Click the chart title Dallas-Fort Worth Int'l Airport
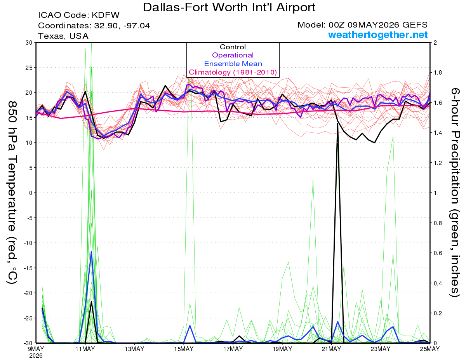pyautogui.click(x=229, y=7)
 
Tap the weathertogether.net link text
pyautogui.click(x=378, y=35)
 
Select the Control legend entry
pyautogui.click(x=233, y=47)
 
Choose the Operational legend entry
pyautogui.click(x=233, y=55)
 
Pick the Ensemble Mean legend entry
pyautogui.click(x=233, y=64)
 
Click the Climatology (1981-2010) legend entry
pyautogui.click(x=233, y=72)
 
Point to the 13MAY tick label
pyautogui.click(x=134, y=349)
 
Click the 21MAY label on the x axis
pyautogui.click(x=331, y=349)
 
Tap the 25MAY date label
pyautogui.click(x=429, y=349)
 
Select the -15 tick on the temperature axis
pyautogui.click(x=28, y=268)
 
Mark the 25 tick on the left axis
pyautogui.click(x=29, y=68)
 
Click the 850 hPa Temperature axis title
pyautogui.click(x=12, y=193)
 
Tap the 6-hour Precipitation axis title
pyautogui.click(x=455, y=192)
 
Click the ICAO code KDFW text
pyautogui.click(x=79, y=15)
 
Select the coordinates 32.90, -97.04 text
pyautogui.click(x=94, y=26)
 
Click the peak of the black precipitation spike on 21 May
pyautogui.click(x=338, y=123)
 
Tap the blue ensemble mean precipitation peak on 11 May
pyautogui.click(x=92, y=251)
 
